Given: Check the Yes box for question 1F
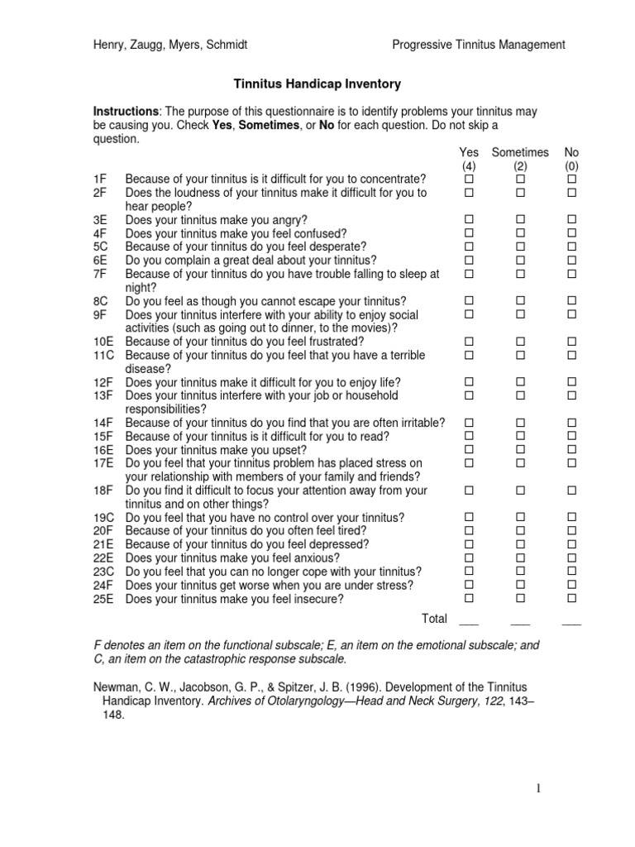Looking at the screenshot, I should (469, 179).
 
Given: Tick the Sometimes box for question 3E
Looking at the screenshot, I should (521, 219).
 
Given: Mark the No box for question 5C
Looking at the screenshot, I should (571, 246).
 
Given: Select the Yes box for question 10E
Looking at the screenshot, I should (469, 342).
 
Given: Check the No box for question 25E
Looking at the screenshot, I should (571, 598).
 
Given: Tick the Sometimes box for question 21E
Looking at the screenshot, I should (521, 544).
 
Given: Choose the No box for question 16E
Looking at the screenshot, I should (571, 450).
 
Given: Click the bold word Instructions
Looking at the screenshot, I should (127, 111).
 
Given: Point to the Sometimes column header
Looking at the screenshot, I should (520, 152).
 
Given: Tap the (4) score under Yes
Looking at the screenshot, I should (469, 165).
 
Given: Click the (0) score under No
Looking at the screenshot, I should (571, 165).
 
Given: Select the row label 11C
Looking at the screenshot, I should (103, 355).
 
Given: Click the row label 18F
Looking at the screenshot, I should (103, 490).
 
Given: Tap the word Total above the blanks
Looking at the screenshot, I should (434, 618).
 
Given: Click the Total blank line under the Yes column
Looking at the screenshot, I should (469, 623).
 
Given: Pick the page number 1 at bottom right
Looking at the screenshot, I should (538, 789).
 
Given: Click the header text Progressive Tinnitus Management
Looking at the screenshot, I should (479, 45).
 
